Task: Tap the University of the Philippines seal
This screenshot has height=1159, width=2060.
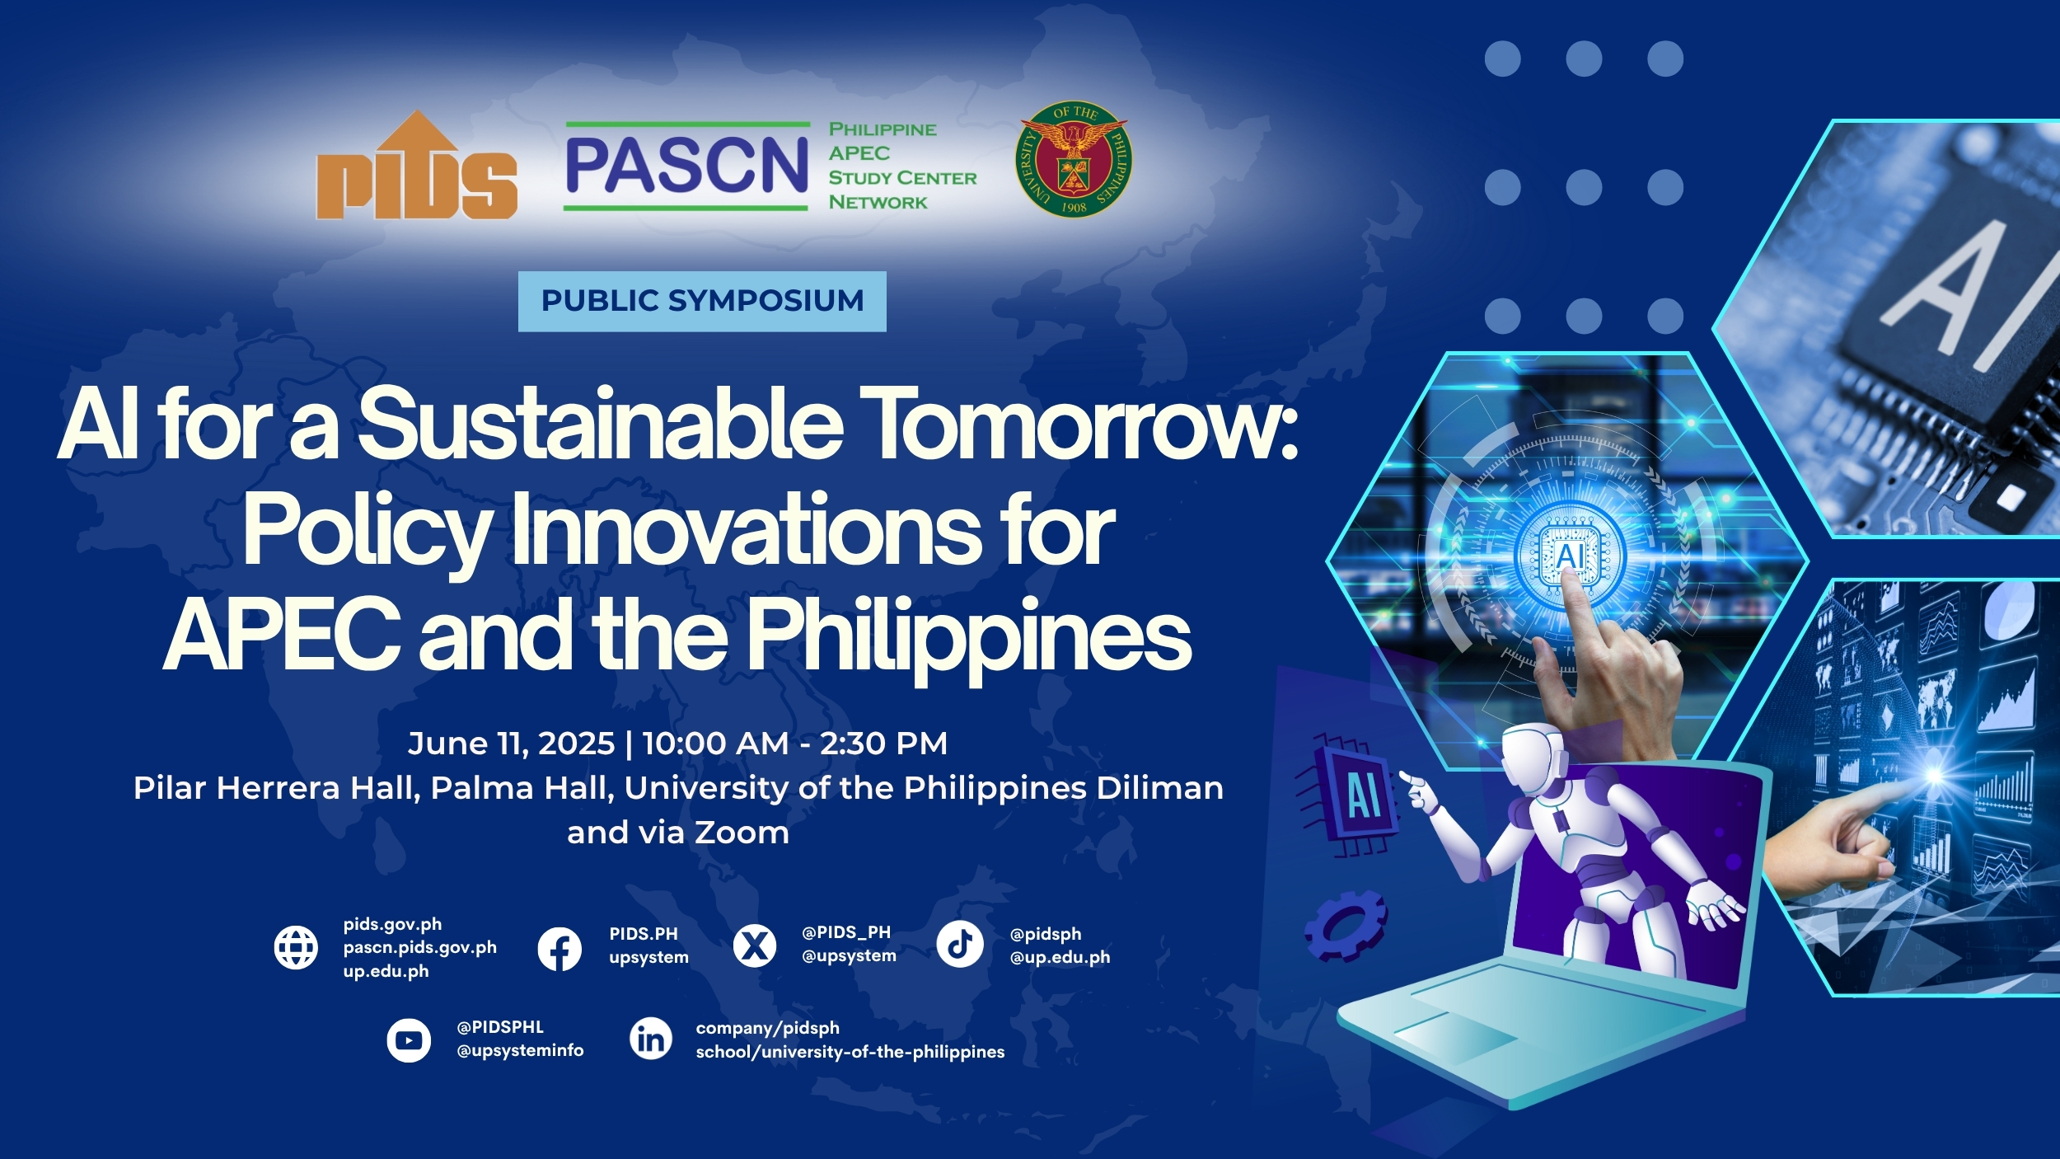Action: (x=1073, y=159)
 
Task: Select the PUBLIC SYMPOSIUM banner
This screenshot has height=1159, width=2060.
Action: (x=702, y=301)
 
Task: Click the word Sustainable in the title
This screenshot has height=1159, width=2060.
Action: (x=601, y=424)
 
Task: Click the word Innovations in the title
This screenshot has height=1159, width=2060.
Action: (x=746, y=530)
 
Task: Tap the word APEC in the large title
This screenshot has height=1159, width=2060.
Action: (x=283, y=635)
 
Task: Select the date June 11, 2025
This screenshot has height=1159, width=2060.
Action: (x=511, y=744)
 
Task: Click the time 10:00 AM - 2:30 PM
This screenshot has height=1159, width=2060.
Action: (x=794, y=744)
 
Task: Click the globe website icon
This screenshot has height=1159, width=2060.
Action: (x=296, y=948)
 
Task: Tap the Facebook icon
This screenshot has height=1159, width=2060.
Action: (x=559, y=949)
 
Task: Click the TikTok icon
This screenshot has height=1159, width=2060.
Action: (x=960, y=945)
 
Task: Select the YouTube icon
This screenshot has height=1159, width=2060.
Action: (x=409, y=1041)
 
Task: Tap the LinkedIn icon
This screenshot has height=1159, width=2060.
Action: (x=651, y=1039)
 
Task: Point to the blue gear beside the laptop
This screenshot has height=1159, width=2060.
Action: (x=1346, y=926)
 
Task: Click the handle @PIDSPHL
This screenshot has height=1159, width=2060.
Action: (x=500, y=1027)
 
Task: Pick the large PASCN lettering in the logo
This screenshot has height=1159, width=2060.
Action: (x=686, y=166)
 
